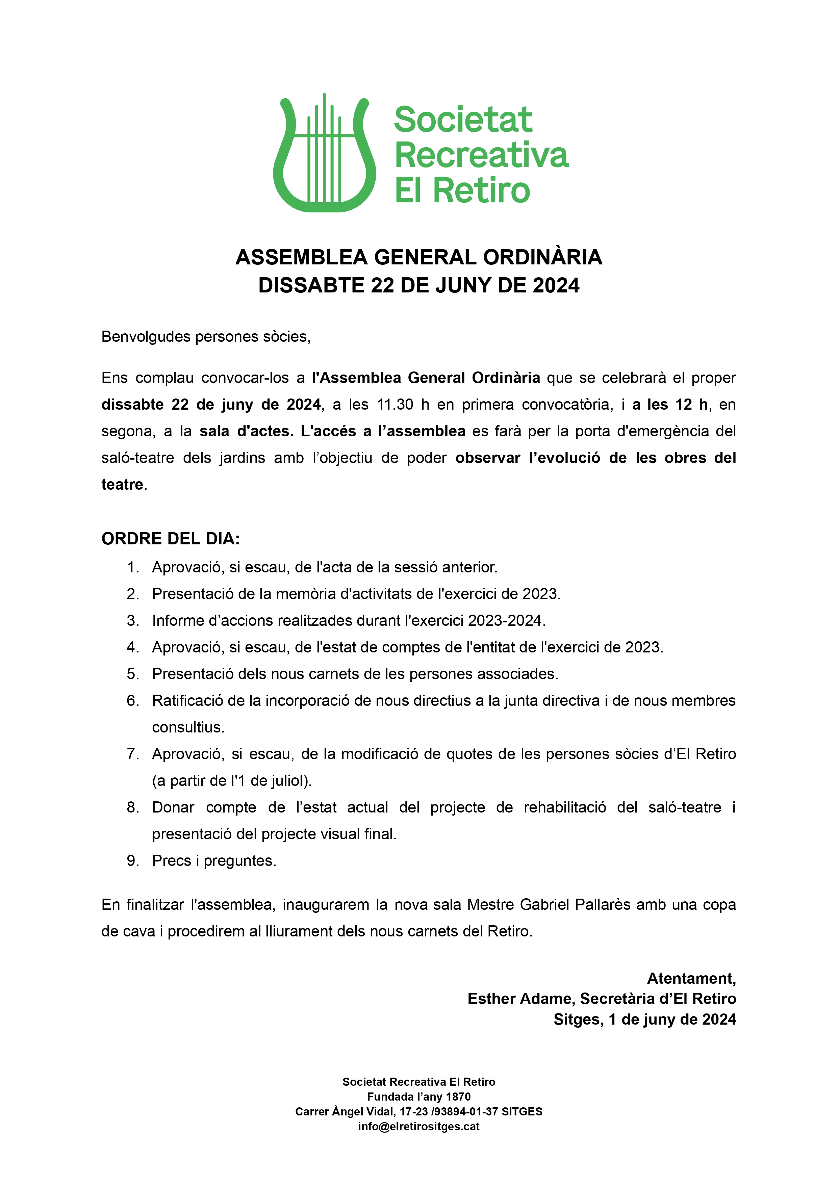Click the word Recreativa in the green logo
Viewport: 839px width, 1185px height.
[x=482, y=155]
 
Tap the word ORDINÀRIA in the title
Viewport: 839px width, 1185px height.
[x=542, y=257]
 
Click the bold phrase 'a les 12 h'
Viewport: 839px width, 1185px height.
[x=669, y=405]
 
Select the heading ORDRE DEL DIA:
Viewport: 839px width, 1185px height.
[x=171, y=539]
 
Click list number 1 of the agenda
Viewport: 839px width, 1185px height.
[x=132, y=568]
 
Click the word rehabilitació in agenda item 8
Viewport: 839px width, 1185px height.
[x=565, y=807]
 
